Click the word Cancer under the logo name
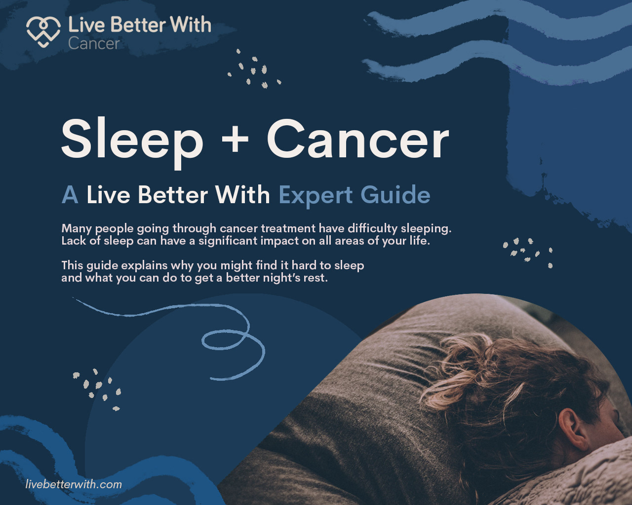tap(94, 43)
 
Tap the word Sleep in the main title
tap(132, 142)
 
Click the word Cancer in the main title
tap(357, 139)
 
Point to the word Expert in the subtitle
tap(315, 195)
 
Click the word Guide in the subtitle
tap(395, 194)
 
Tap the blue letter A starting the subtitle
tap(70, 194)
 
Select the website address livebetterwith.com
tap(74, 484)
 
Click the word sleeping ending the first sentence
tap(426, 229)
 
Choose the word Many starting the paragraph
tap(77, 229)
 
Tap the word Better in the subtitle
tap(173, 194)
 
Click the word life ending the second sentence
tap(420, 241)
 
